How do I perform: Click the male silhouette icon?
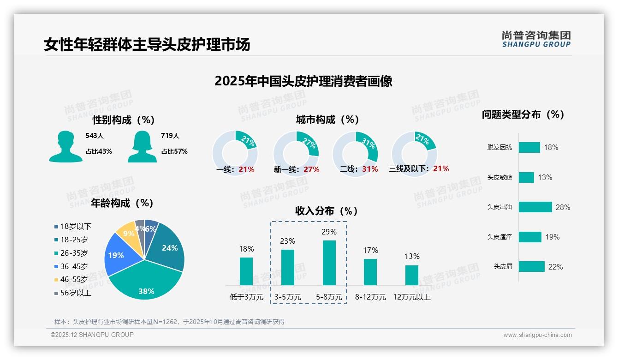point(65,146)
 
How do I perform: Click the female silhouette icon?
point(142,146)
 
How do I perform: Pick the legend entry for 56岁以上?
point(73,293)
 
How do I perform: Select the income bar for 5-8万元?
point(329,263)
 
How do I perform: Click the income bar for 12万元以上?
point(412,275)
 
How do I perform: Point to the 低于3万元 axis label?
point(246,297)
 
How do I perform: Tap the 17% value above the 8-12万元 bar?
point(370,250)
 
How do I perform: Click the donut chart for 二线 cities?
point(355,153)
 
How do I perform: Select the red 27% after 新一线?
point(311,169)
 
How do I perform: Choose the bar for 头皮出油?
point(535,207)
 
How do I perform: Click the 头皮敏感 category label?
point(499,177)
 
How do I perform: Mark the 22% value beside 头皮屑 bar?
point(555,267)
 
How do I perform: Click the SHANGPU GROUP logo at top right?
point(536,39)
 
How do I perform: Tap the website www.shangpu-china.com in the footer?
point(537,335)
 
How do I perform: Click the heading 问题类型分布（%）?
point(523,114)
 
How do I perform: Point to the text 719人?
point(170,136)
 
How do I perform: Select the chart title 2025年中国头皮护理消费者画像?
point(303,81)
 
